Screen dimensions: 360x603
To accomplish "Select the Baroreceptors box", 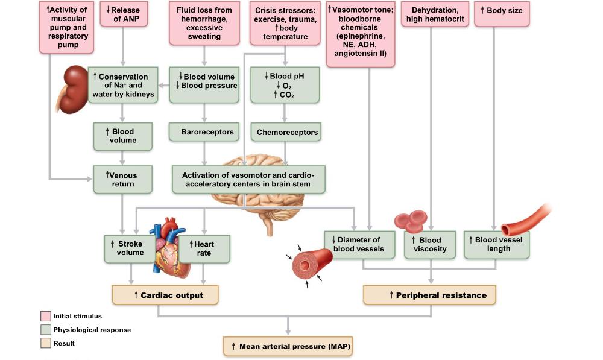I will tap(207, 131).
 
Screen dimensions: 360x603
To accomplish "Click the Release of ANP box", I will tap(125, 14).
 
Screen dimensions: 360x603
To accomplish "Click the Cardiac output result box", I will tap(165, 295).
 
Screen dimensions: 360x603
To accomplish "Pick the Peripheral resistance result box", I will tap(429, 295).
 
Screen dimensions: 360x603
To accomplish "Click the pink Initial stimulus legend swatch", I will tap(45, 316).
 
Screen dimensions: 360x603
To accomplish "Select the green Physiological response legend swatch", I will tap(45, 330).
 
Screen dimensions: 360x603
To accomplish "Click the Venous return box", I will tap(122, 180).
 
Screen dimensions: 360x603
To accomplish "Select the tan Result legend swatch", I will tap(45, 344).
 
